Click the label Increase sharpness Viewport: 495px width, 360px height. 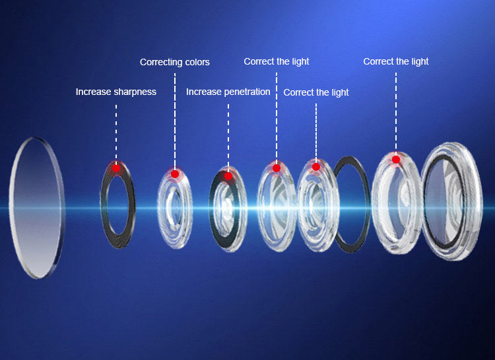click(115, 92)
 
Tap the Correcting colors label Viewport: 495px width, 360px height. click(174, 62)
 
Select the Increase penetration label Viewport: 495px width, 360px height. click(228, 92)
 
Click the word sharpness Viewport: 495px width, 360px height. click(135, 92)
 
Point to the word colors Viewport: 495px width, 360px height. click(197, 62)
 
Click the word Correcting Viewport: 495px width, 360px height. click(161, 62)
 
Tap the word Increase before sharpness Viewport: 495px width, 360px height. click(93, 92)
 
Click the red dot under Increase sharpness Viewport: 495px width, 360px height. click(116, 168)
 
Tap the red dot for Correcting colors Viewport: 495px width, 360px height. click(175, 174)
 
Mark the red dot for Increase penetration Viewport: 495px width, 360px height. click(228, 176)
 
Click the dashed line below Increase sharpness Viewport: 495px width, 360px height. click(116, 132)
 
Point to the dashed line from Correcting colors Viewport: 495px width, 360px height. click(175, 119)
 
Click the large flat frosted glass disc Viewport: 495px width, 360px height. click(37, 208)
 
